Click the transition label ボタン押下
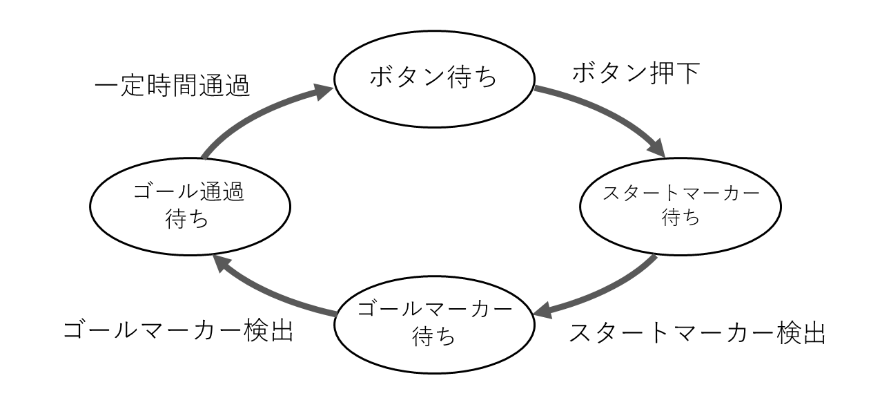tap(636, 73)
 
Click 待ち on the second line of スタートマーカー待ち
tap(681, 218)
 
